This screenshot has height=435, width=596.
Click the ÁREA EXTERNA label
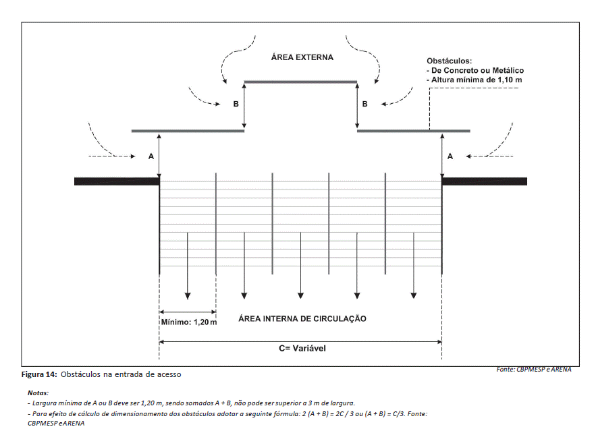[302, 57]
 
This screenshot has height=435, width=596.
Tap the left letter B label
[236, 104]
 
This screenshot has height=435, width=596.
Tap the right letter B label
[365, 104]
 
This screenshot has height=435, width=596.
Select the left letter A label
[151, 156]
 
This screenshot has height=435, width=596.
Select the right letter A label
[450, 156]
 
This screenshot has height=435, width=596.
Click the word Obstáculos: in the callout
[450, 61]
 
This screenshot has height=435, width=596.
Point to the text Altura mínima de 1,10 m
[477, 80]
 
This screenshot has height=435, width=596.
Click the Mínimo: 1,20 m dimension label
[189, 322]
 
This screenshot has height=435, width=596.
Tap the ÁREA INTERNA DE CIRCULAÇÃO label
[302, 319]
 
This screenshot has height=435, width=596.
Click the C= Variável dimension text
[302, 349]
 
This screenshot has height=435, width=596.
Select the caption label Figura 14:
[39, 374]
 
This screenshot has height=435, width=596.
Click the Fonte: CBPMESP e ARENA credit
[534, 370]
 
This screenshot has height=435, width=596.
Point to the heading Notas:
[38, 393]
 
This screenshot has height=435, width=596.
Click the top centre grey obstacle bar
[300, 82]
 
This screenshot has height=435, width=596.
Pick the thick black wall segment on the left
[117, 181]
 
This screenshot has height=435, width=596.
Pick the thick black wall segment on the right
[484, 181]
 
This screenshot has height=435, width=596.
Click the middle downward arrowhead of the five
[300, 295]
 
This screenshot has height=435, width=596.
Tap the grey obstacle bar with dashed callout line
[414, 131]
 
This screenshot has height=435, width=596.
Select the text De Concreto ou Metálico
[477, 71]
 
